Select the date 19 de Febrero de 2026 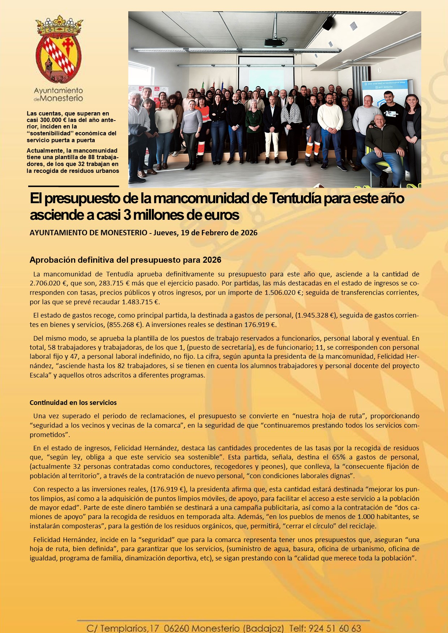click(x=219, y=233)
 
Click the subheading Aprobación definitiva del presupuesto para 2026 click(x=125, y=260)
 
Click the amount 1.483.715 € click(x=141, y=302)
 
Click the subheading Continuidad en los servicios click(x=73, y=402)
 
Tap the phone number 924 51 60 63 click(x=335, y=628)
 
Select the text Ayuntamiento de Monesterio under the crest click(x=59, y=94)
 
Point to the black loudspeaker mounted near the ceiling click(x=328, y=23)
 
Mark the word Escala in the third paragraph click(x=39, y=375)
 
